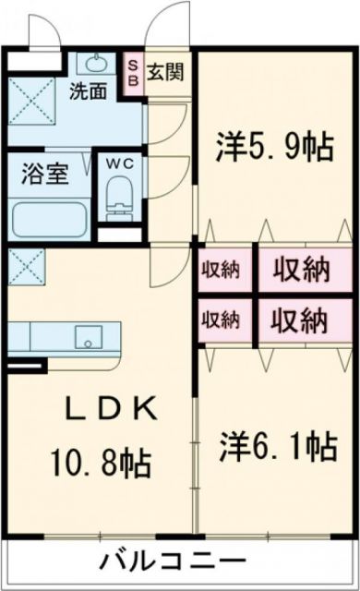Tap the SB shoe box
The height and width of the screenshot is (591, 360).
tap(132, 72)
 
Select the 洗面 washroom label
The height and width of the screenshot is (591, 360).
tap(88, 90)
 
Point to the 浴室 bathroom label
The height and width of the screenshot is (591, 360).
tap(44, 175)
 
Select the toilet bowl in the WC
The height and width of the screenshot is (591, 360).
tap(119, 196)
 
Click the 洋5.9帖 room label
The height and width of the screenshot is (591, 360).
tap(275, 147)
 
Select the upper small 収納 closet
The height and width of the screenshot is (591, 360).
tap(221, 271)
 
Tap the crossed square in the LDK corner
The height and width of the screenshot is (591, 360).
tap(23, 267)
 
